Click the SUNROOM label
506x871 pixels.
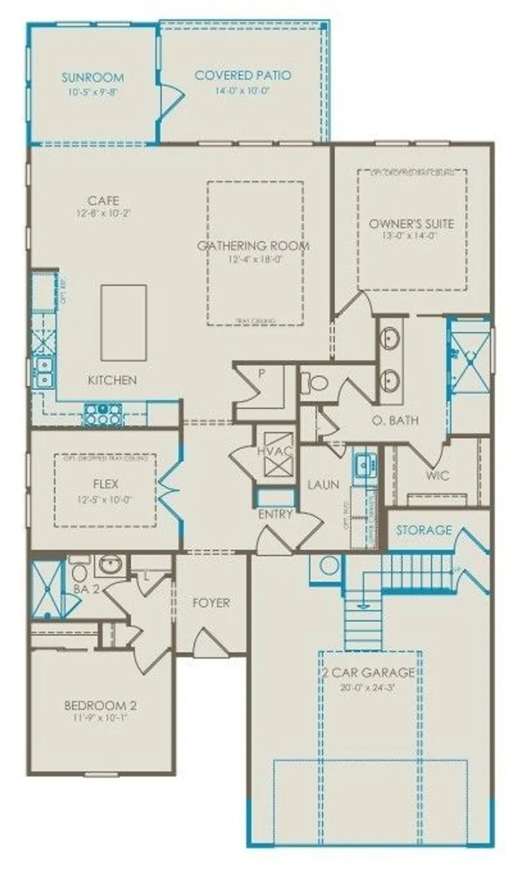[92, 77]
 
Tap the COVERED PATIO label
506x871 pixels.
[243, 75]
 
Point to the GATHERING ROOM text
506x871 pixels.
[253, 246]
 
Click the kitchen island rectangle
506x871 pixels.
[123, 322]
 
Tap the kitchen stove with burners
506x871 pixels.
[103, 413]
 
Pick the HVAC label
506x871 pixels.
[274, 451]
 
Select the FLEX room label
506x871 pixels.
[105, 484]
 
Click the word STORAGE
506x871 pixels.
[424, 530]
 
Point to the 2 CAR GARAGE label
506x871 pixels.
[368, 673]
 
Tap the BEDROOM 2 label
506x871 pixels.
[100, 706]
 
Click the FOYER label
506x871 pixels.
[211, 603]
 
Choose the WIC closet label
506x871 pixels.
[437, 476]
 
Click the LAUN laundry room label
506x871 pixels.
[323, 484]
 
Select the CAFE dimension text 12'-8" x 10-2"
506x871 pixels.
[103, 213]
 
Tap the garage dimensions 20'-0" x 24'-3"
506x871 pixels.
[368, 689]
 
